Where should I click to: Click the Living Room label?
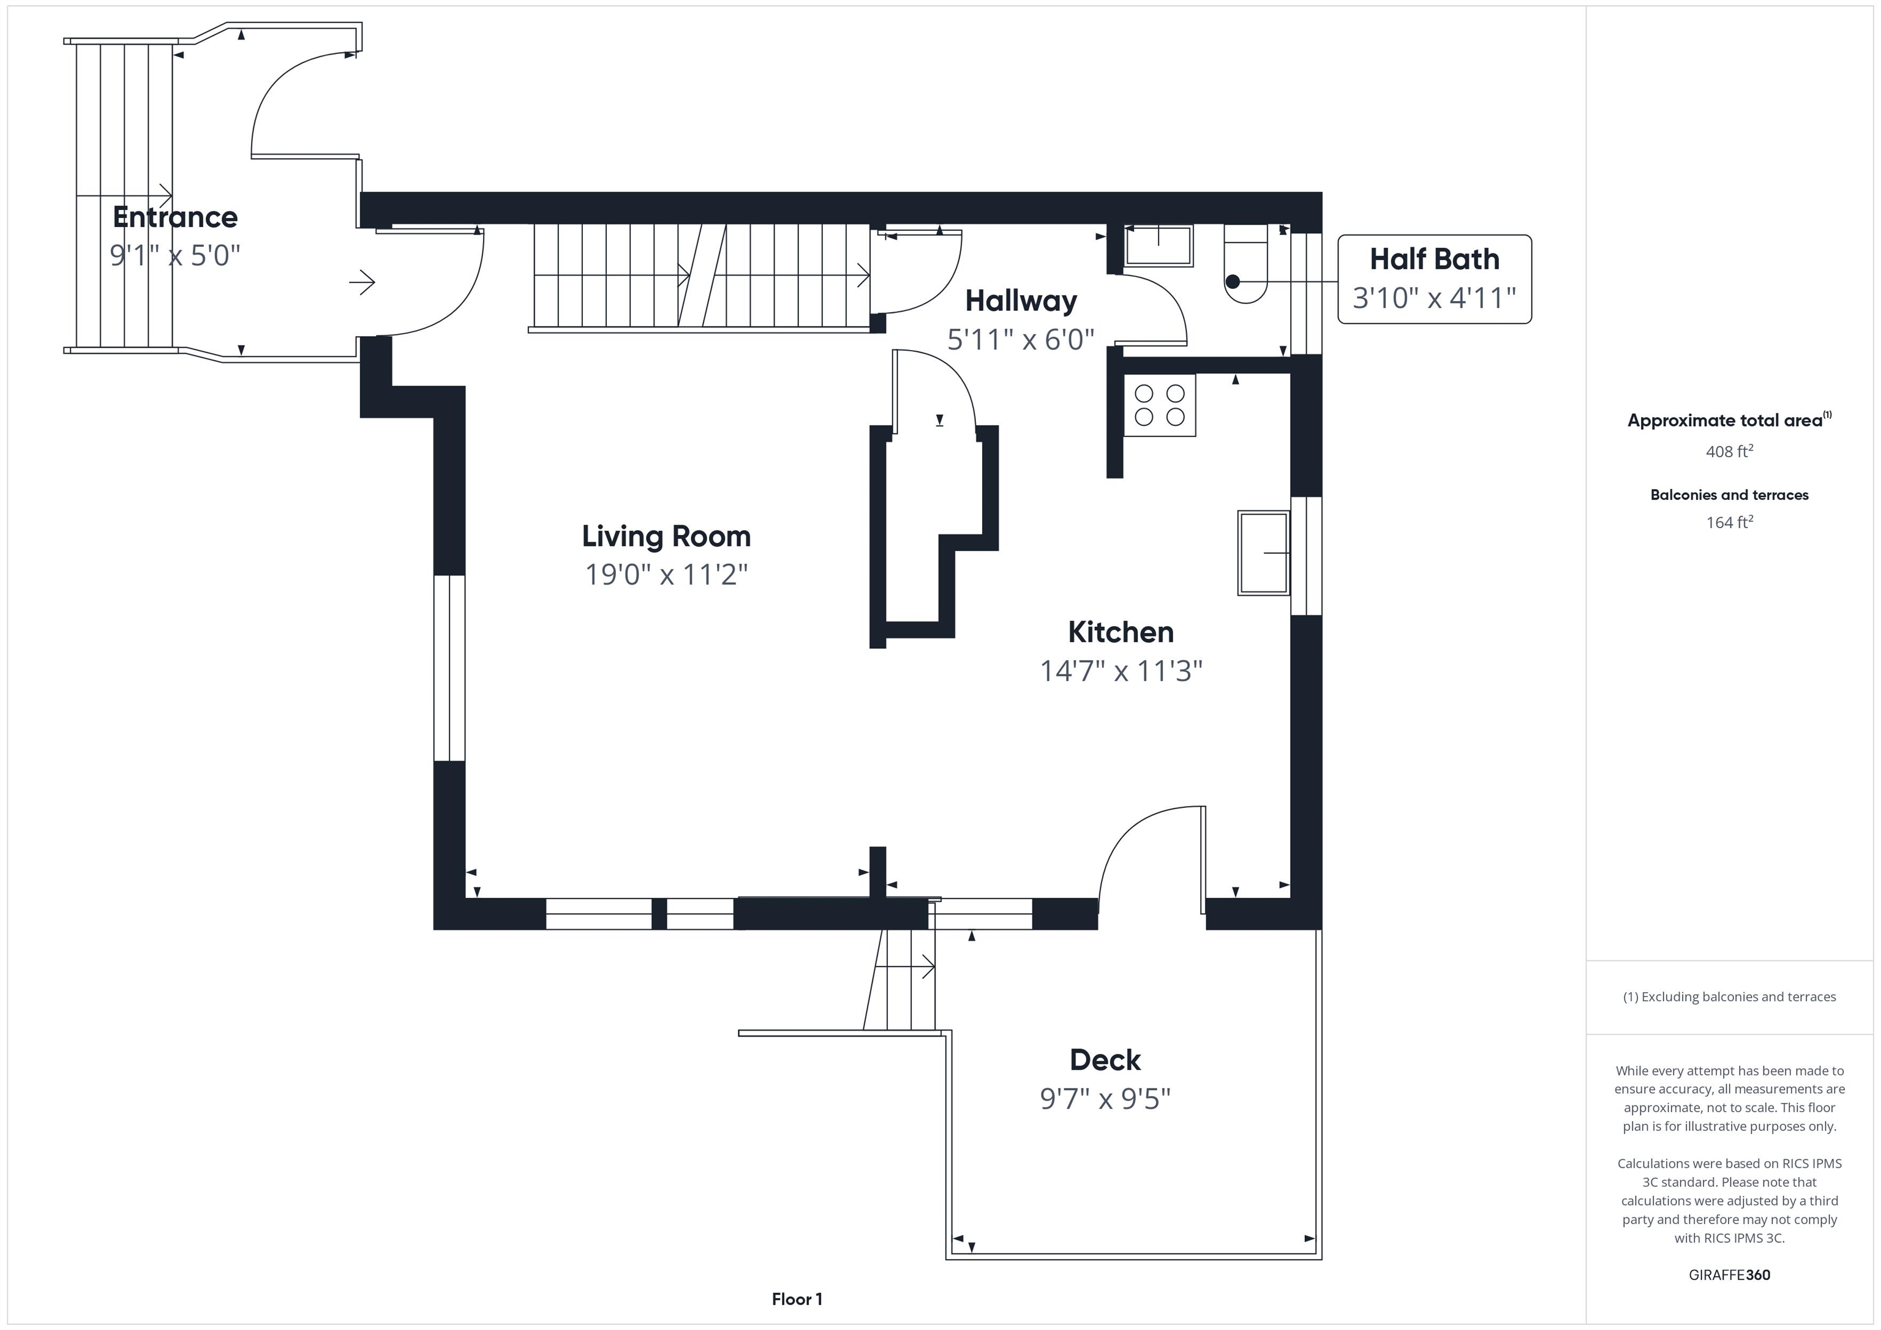click(666, 536)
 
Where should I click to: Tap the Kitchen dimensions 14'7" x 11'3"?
click(1121, 671)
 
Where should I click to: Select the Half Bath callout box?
click(1435, 279)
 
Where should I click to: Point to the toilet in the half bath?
click(1246, 264)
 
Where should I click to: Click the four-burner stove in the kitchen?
click(1159, 405)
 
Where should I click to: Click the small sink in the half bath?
click(1158, 245)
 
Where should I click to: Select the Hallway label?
click(1021, 301)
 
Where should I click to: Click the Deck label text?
click(1105, 1059)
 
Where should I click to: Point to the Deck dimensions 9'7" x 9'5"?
click(1105, 1098)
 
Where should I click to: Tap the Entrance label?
click(175, 217)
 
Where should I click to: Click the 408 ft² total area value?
click(1729, 451)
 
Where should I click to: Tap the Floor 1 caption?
click(797, 1299)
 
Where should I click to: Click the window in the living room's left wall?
click(449, 668)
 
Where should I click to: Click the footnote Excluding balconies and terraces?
click(1729, 996)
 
